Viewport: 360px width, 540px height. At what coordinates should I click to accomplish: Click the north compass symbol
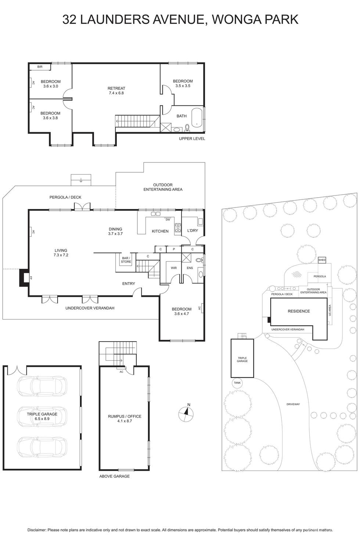(x=186, y=414)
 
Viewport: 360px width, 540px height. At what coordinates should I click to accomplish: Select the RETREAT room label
(x=116, y=88)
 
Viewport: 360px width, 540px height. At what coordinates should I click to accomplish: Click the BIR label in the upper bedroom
(x=40, y=67)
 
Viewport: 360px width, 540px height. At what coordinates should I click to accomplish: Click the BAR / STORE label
(x=126, y=260)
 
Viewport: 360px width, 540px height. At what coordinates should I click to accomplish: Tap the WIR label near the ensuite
(x=174, y=268)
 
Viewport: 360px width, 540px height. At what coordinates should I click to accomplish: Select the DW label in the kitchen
(x=168, y=220)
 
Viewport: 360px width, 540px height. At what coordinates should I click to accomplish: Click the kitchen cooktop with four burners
(x=178, y=228)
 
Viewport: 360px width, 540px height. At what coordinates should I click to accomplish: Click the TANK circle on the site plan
(x=237, y=383)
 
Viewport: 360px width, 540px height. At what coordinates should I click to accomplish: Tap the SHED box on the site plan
(x=322, y=260)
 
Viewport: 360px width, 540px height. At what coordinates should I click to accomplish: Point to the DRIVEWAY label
(x=293, y=404)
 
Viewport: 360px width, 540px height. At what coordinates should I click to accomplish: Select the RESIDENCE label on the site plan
(x=299, y=311)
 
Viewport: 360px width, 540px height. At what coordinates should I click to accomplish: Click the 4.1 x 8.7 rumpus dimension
(x=125, y=421)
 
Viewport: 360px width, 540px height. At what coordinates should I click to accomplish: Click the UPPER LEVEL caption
(x=192, y=138)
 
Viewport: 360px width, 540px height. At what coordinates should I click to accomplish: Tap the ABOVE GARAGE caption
(x=114, y=476)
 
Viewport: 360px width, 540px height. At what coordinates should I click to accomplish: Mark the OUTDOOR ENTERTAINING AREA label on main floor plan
(x=163, y=187)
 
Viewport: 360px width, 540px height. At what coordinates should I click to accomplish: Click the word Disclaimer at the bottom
(x=37, y=530)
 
